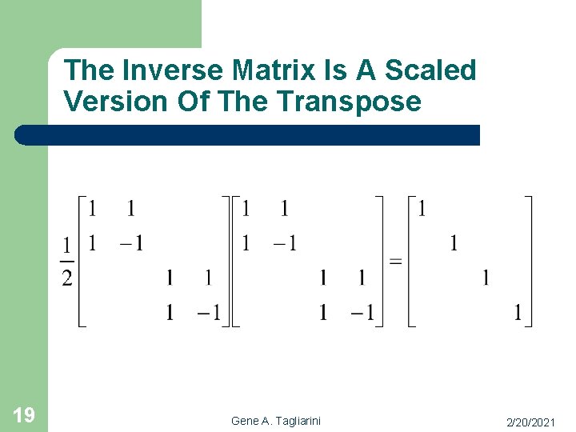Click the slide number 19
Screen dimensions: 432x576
(x=23, y=414)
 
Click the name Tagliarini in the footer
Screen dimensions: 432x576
(x=297, y=421)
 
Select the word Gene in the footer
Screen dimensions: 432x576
(x=245, y=421)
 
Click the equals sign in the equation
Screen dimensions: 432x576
(x=395, y=262)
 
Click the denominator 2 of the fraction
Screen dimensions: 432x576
(x=67, y=278)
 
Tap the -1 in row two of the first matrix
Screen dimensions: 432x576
(x=131, y=243)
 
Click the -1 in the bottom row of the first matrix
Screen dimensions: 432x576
(x=210, y=313)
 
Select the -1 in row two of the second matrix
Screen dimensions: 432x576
(x=285, y=243)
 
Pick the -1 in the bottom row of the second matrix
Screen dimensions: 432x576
(x=363, y=313)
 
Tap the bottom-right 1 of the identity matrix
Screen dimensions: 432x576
(x=518, y=313)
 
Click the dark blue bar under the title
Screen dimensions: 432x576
(x=248, y=134)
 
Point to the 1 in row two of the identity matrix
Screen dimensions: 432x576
(x=454, y=243)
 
